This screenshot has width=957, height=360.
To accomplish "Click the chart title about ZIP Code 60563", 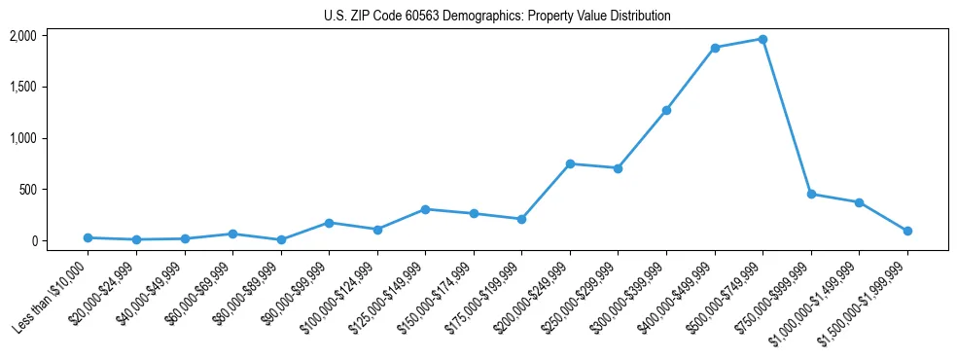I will tap(497, 17).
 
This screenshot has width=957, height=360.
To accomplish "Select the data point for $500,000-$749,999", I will tap(762, 39).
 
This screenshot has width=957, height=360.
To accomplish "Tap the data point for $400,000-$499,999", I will tap(715, 48).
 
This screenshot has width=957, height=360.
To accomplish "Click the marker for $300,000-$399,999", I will tap(666, 110).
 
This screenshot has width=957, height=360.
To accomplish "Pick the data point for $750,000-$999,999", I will tap(811, 194).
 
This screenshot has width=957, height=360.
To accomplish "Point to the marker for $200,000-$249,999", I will tap(570, 163).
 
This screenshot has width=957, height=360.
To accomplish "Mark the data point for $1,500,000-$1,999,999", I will tap(907, 231).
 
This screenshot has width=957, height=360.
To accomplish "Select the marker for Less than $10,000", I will tap(88, 237).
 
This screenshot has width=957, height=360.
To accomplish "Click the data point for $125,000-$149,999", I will tap(425, 209).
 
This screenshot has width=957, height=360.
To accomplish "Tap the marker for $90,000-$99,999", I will tap(329, 223).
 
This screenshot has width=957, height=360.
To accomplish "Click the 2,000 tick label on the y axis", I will tap(22, 36).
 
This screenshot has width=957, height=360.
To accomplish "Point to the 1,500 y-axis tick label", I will tap(22, 87).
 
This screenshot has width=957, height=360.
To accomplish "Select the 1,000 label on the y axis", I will tap(22, 138).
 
